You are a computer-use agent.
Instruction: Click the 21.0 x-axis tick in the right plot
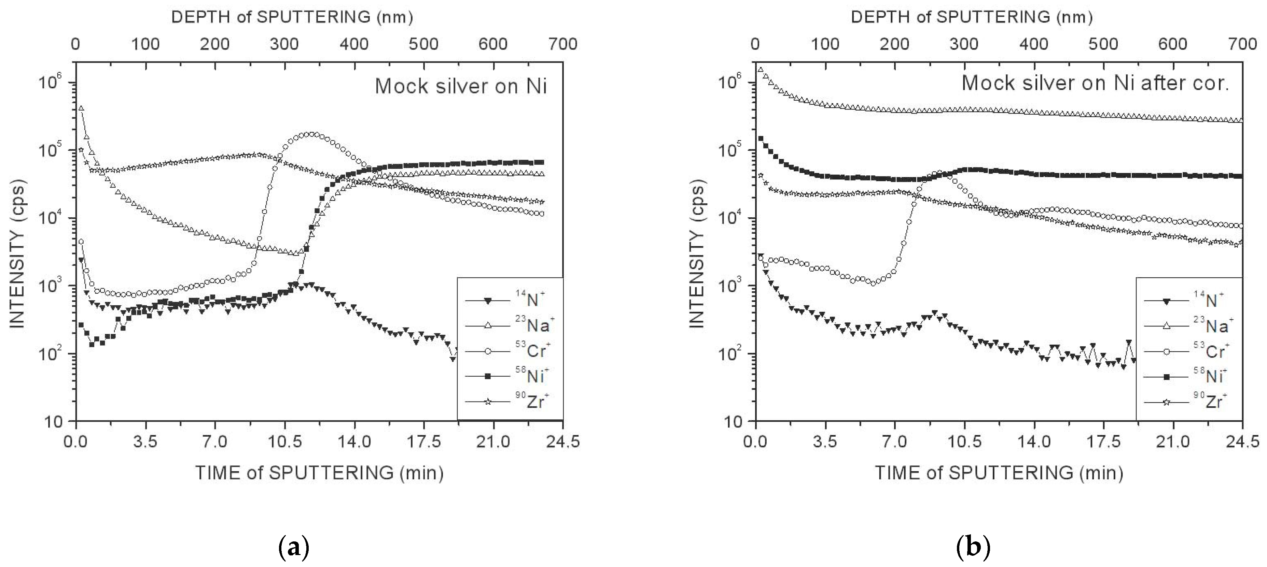(1173, 442)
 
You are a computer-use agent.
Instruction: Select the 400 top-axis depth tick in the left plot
(354, 44)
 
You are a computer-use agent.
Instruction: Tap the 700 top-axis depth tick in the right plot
(1242, 44)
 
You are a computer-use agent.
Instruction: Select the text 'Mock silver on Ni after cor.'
(1095, 83)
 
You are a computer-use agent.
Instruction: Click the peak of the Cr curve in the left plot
(310, 134)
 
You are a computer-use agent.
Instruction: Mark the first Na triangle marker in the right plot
(761, 70)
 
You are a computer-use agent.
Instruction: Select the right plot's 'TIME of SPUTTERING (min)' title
(999, 472)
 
